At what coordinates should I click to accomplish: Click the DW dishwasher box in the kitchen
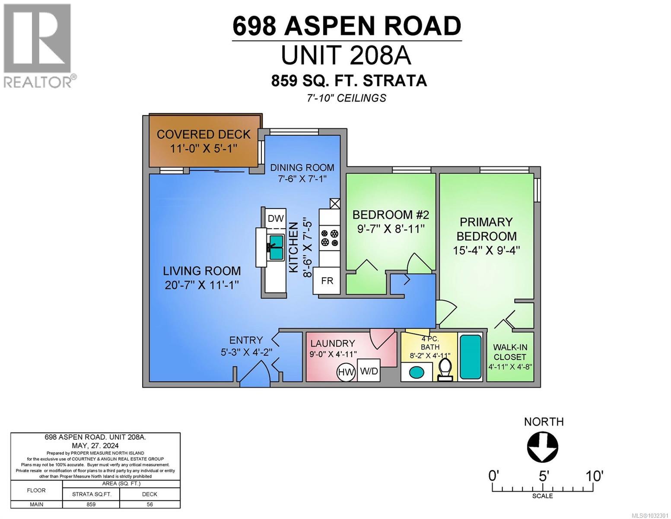276,218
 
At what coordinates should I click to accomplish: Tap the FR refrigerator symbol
327,281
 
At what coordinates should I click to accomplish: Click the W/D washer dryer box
369,371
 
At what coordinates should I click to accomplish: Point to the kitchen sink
276,247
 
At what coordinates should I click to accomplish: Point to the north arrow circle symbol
543,448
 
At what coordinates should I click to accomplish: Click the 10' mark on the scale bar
594,477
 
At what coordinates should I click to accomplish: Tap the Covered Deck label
204,135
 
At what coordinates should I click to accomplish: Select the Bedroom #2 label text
391,215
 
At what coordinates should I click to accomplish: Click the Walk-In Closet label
510,352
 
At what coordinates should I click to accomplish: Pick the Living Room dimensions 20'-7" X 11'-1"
202,285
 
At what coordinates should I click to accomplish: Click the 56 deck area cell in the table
149,504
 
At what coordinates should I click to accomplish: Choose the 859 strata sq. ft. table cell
91,504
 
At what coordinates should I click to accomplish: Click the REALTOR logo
38,45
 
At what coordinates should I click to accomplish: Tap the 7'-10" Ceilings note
346,98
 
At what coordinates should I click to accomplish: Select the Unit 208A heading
346,55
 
